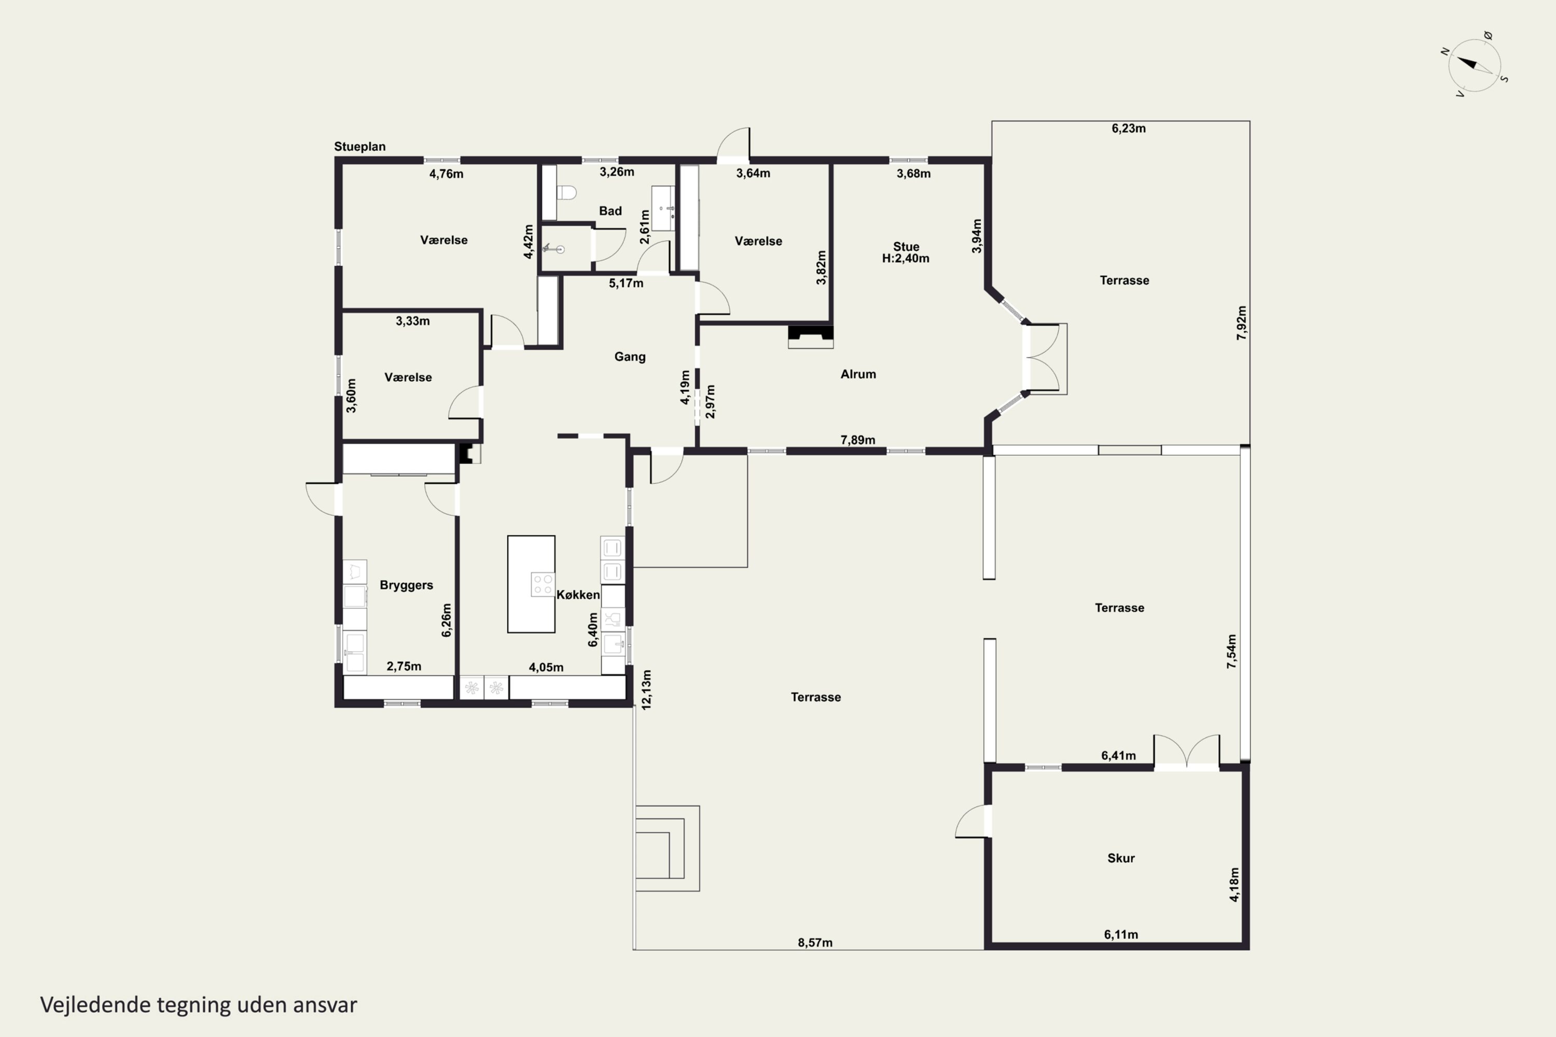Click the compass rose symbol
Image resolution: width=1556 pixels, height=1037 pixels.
pyautogui.click(x=1474, y=65)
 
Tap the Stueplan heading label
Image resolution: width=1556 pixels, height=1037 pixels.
pyautogui.click(x=359, y=147)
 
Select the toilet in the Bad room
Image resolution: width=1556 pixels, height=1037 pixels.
pyautogui.click(x=566, y=192)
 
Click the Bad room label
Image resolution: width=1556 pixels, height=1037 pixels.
pyautogui.click(x=610, y=211)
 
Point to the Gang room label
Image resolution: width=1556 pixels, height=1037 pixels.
pyautogui.click(x=630, y=357)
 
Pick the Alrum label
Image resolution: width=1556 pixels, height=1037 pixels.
pyautogui.click(x=858, y=374)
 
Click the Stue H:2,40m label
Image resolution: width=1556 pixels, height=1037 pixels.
pyautogui.click(x=906, y=253)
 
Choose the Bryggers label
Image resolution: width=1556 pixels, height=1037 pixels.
pyautogui.click(x=406, y=585)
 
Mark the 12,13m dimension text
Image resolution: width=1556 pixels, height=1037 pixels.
pyautogui.click(x=646, y=690)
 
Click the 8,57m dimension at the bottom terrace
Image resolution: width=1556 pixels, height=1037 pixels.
pyautogui.click(x=815, y=943)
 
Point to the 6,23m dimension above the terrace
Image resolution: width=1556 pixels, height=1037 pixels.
pyautogui.click(x=1129, y=128)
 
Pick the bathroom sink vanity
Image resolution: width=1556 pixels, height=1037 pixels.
pyautogui.click(x=663, y=208)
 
